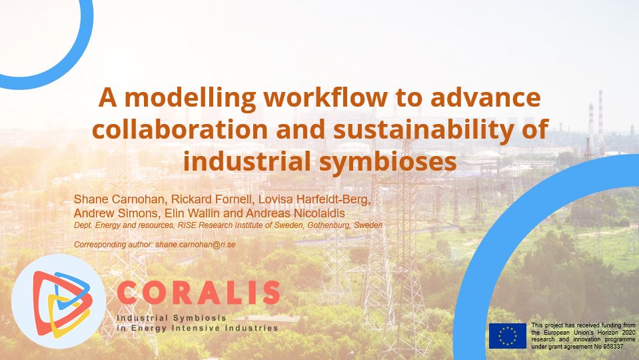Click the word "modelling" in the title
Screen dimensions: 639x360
tap(191, 98)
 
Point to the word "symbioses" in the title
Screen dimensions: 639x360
tap(388, 162)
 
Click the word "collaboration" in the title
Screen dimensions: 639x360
tap(180, 129)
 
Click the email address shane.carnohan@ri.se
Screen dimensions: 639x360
tap(196, 245)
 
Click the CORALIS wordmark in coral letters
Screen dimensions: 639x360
tap(199, 293)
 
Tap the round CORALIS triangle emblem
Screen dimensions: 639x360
tap(59, 301)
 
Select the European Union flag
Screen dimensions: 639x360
tap(508, 336)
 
